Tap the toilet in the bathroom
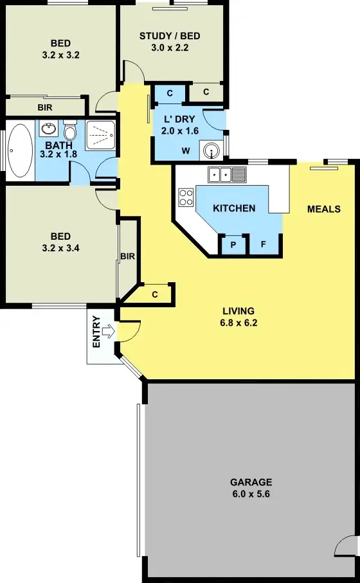(70, 131)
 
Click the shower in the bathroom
(101, 136)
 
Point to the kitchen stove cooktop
(186, 197)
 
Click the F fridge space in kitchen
(263, 245)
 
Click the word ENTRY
(96, 332)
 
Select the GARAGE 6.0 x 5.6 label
(251, 487)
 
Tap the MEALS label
(323, 209)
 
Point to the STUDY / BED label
(170, 35)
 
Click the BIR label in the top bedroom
(44, 107)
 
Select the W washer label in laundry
(186, 152)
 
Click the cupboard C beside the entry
(156, 294)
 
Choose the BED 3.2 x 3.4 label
(60, 242)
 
